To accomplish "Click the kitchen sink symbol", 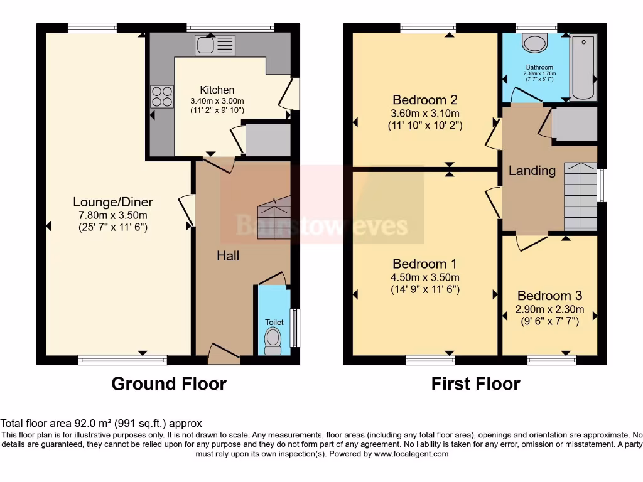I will pyautogui.click(x=215, y=45).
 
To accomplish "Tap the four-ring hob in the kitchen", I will pyautogui.click(x=161, y=97).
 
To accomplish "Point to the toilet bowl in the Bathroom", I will pyautogui.click(x=535, y=43).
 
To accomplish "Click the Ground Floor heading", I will pyautogui.click(x=169, y=383).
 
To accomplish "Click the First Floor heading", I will pyautogui.click(x=475, y=383).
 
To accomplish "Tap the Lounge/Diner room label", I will pyautogui.click(x=113, y=202).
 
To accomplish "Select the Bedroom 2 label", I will pyautogui.click(x=424, y=100).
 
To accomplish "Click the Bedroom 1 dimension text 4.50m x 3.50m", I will pyautogui.click(x=424, y=277).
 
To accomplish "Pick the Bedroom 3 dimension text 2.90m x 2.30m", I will pyautogui.click(x=549, y=309).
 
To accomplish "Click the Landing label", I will pyautogui.click(x=532, y=171).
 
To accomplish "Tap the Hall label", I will pyautogui.click(x=228, y=255).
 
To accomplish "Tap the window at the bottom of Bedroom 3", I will pyautogui.click(x=551, y=360).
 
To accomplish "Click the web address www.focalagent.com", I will pyautogui.click(x=411, y=454).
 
